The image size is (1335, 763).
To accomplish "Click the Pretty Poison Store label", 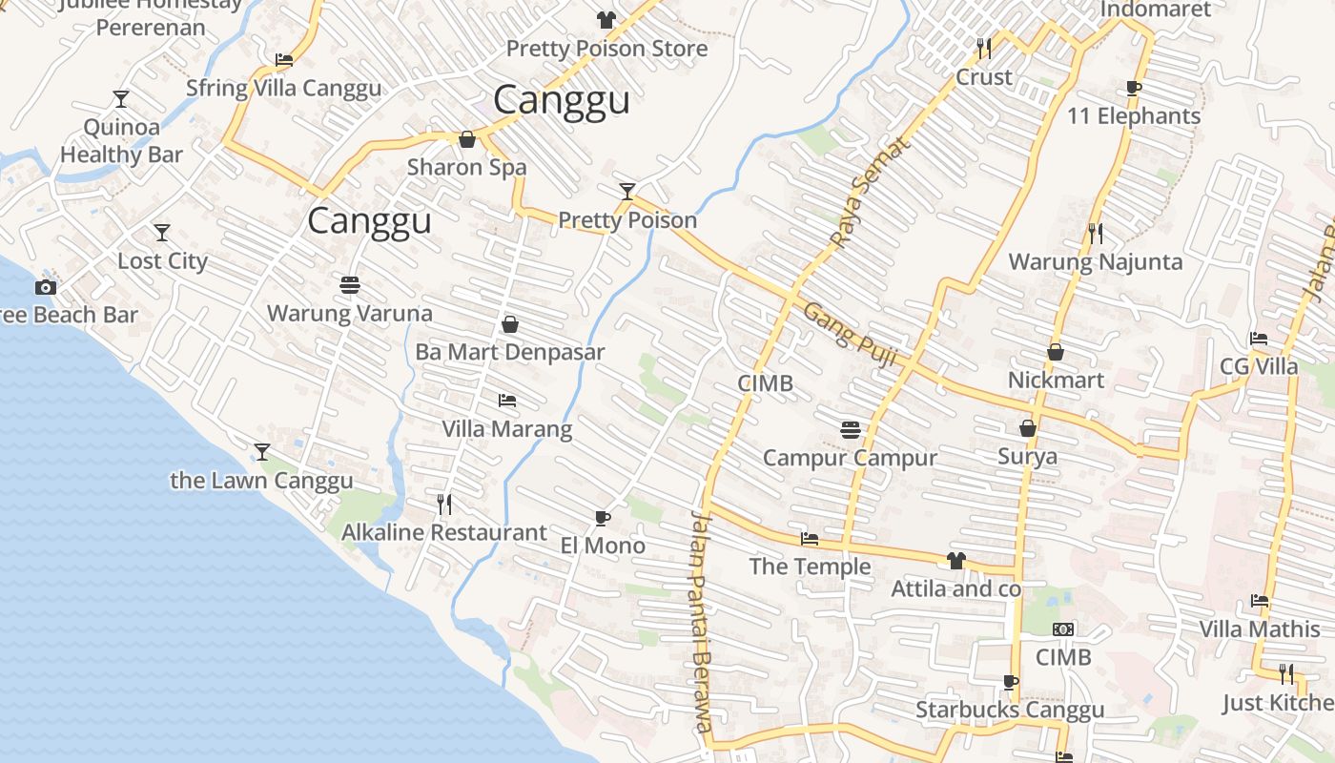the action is [606, 49].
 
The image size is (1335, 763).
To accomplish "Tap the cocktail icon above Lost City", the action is [162, 232].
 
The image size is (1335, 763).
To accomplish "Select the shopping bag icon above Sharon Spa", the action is [467, 140].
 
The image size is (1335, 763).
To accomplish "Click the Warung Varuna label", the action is [349, 313].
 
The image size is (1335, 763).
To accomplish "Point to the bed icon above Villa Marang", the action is [507, 401].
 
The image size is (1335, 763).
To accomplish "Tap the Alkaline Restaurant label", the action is [444, 532].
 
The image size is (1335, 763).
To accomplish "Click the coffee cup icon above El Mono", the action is [602, 518].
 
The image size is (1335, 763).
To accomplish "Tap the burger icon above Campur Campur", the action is [851, 429].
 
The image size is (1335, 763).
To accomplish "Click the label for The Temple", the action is [810, 567].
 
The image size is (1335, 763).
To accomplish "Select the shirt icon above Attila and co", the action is [956, 561].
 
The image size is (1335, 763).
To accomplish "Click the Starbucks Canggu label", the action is [1010, 710].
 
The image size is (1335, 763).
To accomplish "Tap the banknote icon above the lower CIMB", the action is [1063, 629].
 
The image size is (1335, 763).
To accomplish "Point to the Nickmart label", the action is [1056, 380].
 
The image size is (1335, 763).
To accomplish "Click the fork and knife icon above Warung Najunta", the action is [1096, 233].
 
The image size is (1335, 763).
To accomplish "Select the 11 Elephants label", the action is [1134, 116].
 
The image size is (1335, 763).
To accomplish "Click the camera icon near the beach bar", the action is [45, 287].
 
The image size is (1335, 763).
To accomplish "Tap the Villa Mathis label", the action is [1259, 629].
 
